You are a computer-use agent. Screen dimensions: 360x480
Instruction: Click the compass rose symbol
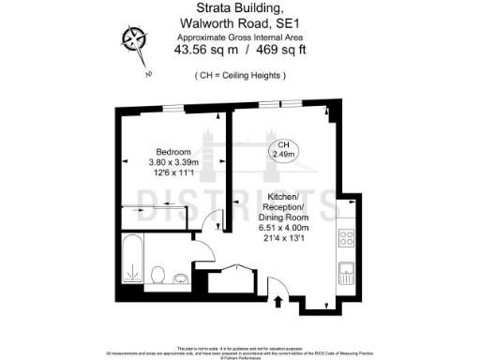coord(134,39)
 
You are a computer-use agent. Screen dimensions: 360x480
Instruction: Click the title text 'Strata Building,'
coord(239,8)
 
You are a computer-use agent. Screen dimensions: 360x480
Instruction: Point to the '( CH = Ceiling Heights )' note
coord(240,74)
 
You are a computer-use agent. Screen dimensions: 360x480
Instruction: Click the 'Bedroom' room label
coord(173,152)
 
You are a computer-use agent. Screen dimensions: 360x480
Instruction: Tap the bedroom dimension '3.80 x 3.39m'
coord(173,162)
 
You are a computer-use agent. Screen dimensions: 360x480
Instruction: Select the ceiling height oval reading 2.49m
coord(283,150)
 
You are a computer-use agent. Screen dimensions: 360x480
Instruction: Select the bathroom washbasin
coord(180,276)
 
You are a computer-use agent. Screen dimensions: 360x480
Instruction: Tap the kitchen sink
coord(347,272)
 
